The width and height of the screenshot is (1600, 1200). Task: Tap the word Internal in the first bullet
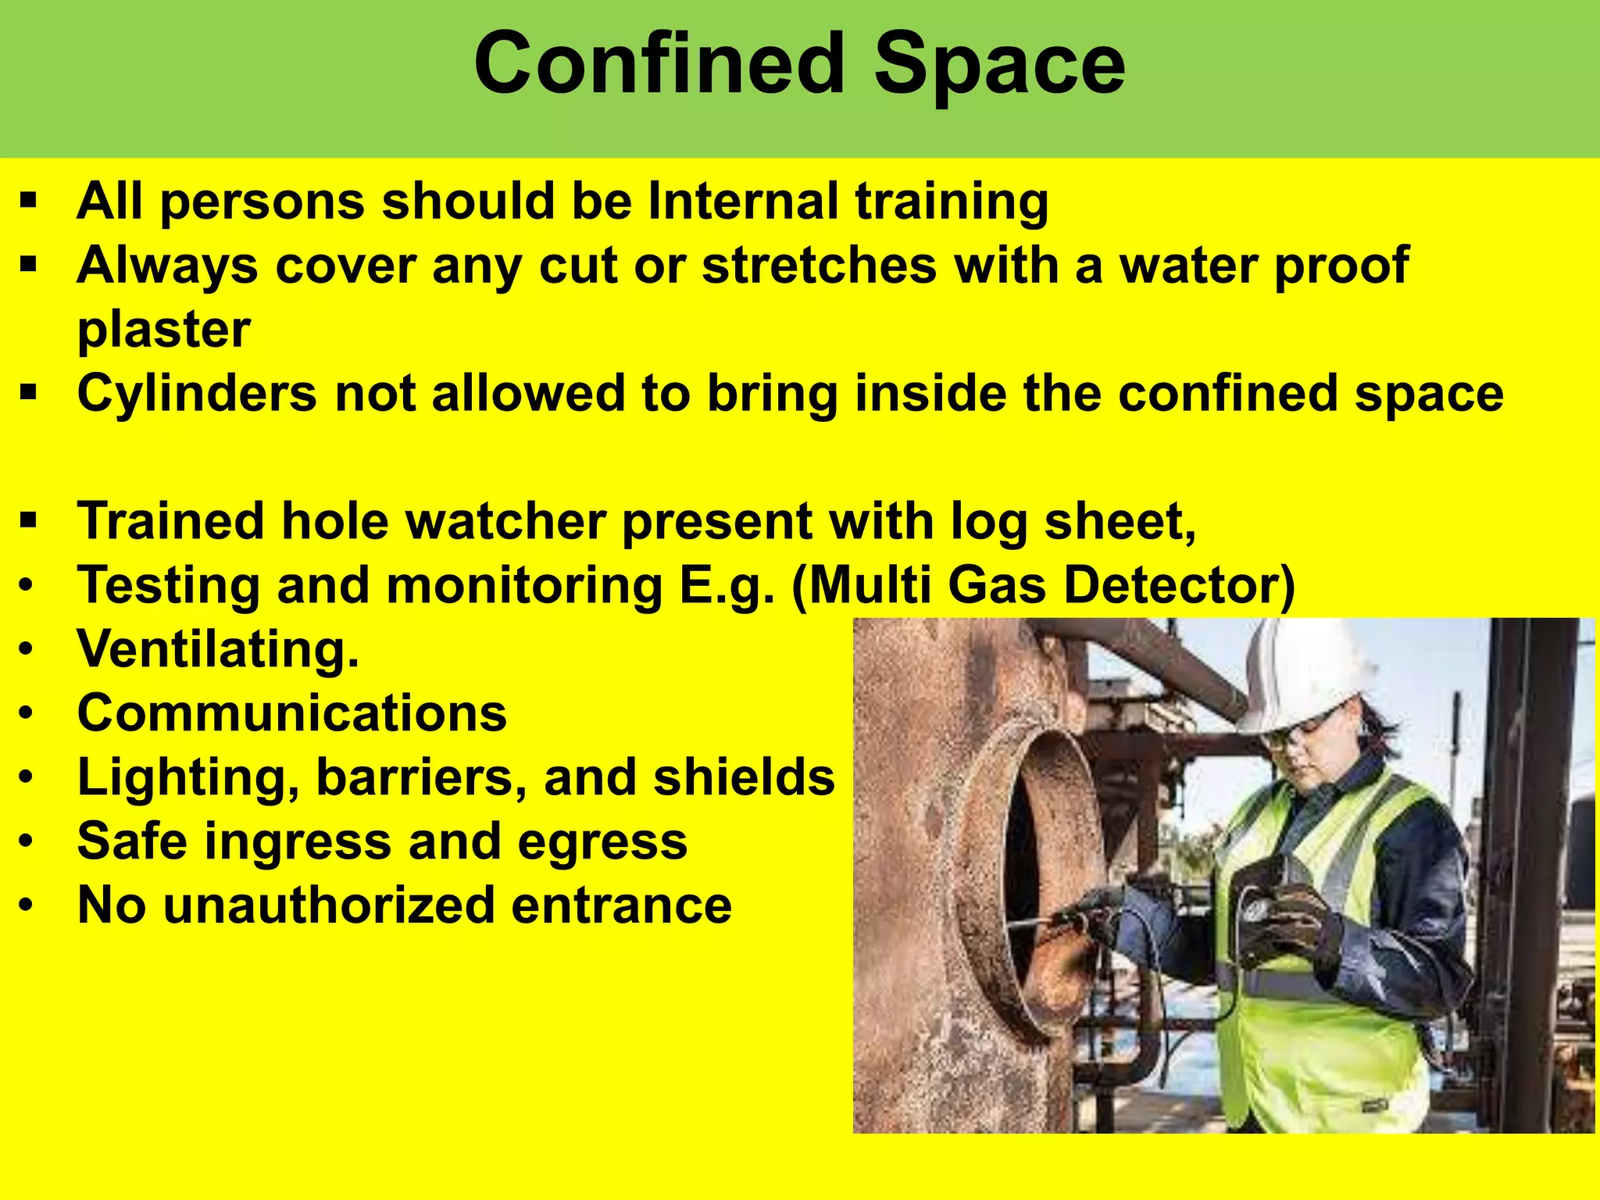742,201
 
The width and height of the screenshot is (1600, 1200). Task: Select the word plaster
164,330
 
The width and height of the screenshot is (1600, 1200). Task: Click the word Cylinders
197,392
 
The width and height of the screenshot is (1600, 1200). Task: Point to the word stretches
820,265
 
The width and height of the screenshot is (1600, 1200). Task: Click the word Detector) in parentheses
1180,584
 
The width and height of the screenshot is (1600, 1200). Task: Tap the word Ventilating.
218,648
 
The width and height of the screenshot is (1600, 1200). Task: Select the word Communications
292,712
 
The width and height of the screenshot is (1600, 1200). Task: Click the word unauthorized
328,905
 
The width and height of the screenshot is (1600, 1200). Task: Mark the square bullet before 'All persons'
29,201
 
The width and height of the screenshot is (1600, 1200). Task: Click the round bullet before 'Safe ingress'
27,841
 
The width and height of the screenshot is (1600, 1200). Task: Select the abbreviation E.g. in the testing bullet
727,586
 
